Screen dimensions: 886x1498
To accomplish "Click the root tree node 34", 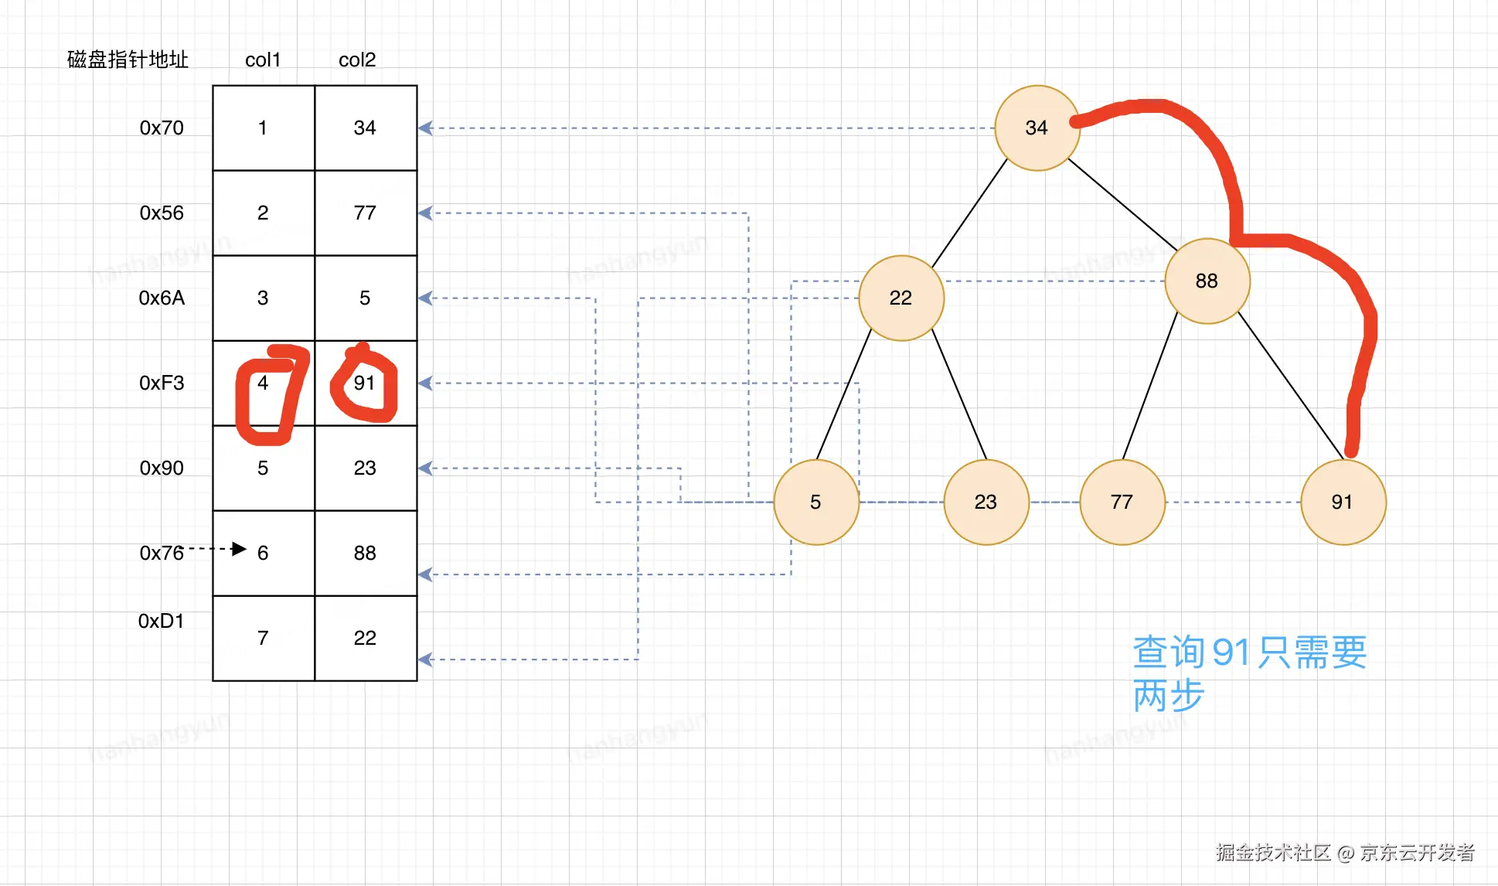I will tap(1037, 128).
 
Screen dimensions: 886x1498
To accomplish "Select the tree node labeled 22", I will tap(901, 298).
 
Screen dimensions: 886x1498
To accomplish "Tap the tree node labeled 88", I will tap(1207, 281).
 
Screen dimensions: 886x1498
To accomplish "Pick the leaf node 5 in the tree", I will tap(815, 503).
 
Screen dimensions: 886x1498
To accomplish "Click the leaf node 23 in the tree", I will tap(986, 503).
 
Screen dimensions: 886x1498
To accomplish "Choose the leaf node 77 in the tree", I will tap(1122, 503).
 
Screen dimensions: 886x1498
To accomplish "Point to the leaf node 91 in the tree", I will tap(1343, 503).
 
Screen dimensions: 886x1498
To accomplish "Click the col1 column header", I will tap(263, 60).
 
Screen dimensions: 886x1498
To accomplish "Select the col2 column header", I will tap(357, 60).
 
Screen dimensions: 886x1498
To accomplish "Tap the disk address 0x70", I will tap(162, 128).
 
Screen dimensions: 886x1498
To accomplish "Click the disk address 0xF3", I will tap(162, 383).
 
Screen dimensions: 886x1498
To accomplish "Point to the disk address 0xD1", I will tap(161, 621).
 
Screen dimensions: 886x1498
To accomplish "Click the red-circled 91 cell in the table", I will tap(365, 383).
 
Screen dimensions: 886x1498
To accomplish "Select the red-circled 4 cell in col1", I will tap(263, 383).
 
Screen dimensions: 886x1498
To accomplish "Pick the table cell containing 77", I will tap(365, 213).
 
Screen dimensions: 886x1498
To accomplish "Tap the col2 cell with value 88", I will tap(365, 553).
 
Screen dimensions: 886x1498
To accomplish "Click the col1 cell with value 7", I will tap(263, 638).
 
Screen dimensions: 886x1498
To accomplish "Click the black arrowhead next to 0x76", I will tap(239, 549).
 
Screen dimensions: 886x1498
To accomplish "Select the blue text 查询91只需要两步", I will tap(1248, 673).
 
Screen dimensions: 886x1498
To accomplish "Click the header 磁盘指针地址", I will tap(128, 60).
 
